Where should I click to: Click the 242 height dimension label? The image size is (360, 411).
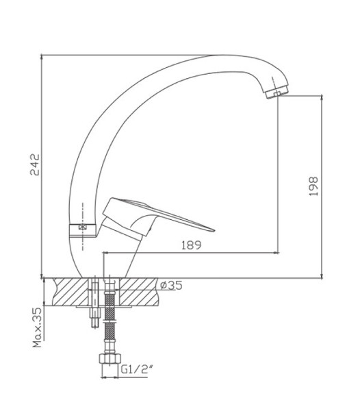35,164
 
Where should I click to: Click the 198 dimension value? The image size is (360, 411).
313,186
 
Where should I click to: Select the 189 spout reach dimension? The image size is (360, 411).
192,245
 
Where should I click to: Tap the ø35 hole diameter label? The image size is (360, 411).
171,286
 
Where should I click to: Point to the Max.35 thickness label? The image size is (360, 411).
37,327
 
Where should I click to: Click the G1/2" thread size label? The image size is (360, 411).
137,370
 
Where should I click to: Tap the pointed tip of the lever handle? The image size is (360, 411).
214,230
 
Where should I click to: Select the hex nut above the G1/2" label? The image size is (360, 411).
110,358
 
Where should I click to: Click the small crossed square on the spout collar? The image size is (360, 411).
83,227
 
